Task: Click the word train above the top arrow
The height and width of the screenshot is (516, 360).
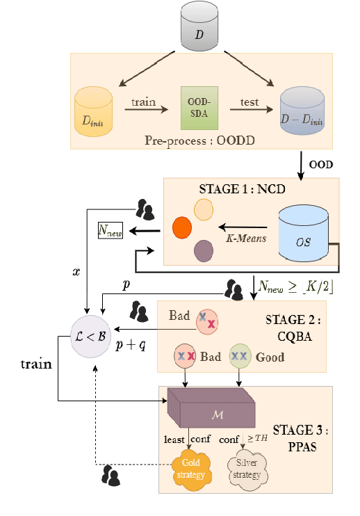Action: tap(145, 102)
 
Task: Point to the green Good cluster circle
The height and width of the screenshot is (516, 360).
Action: tap(240, 355)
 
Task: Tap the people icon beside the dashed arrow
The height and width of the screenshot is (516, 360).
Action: tap(110, 476)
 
